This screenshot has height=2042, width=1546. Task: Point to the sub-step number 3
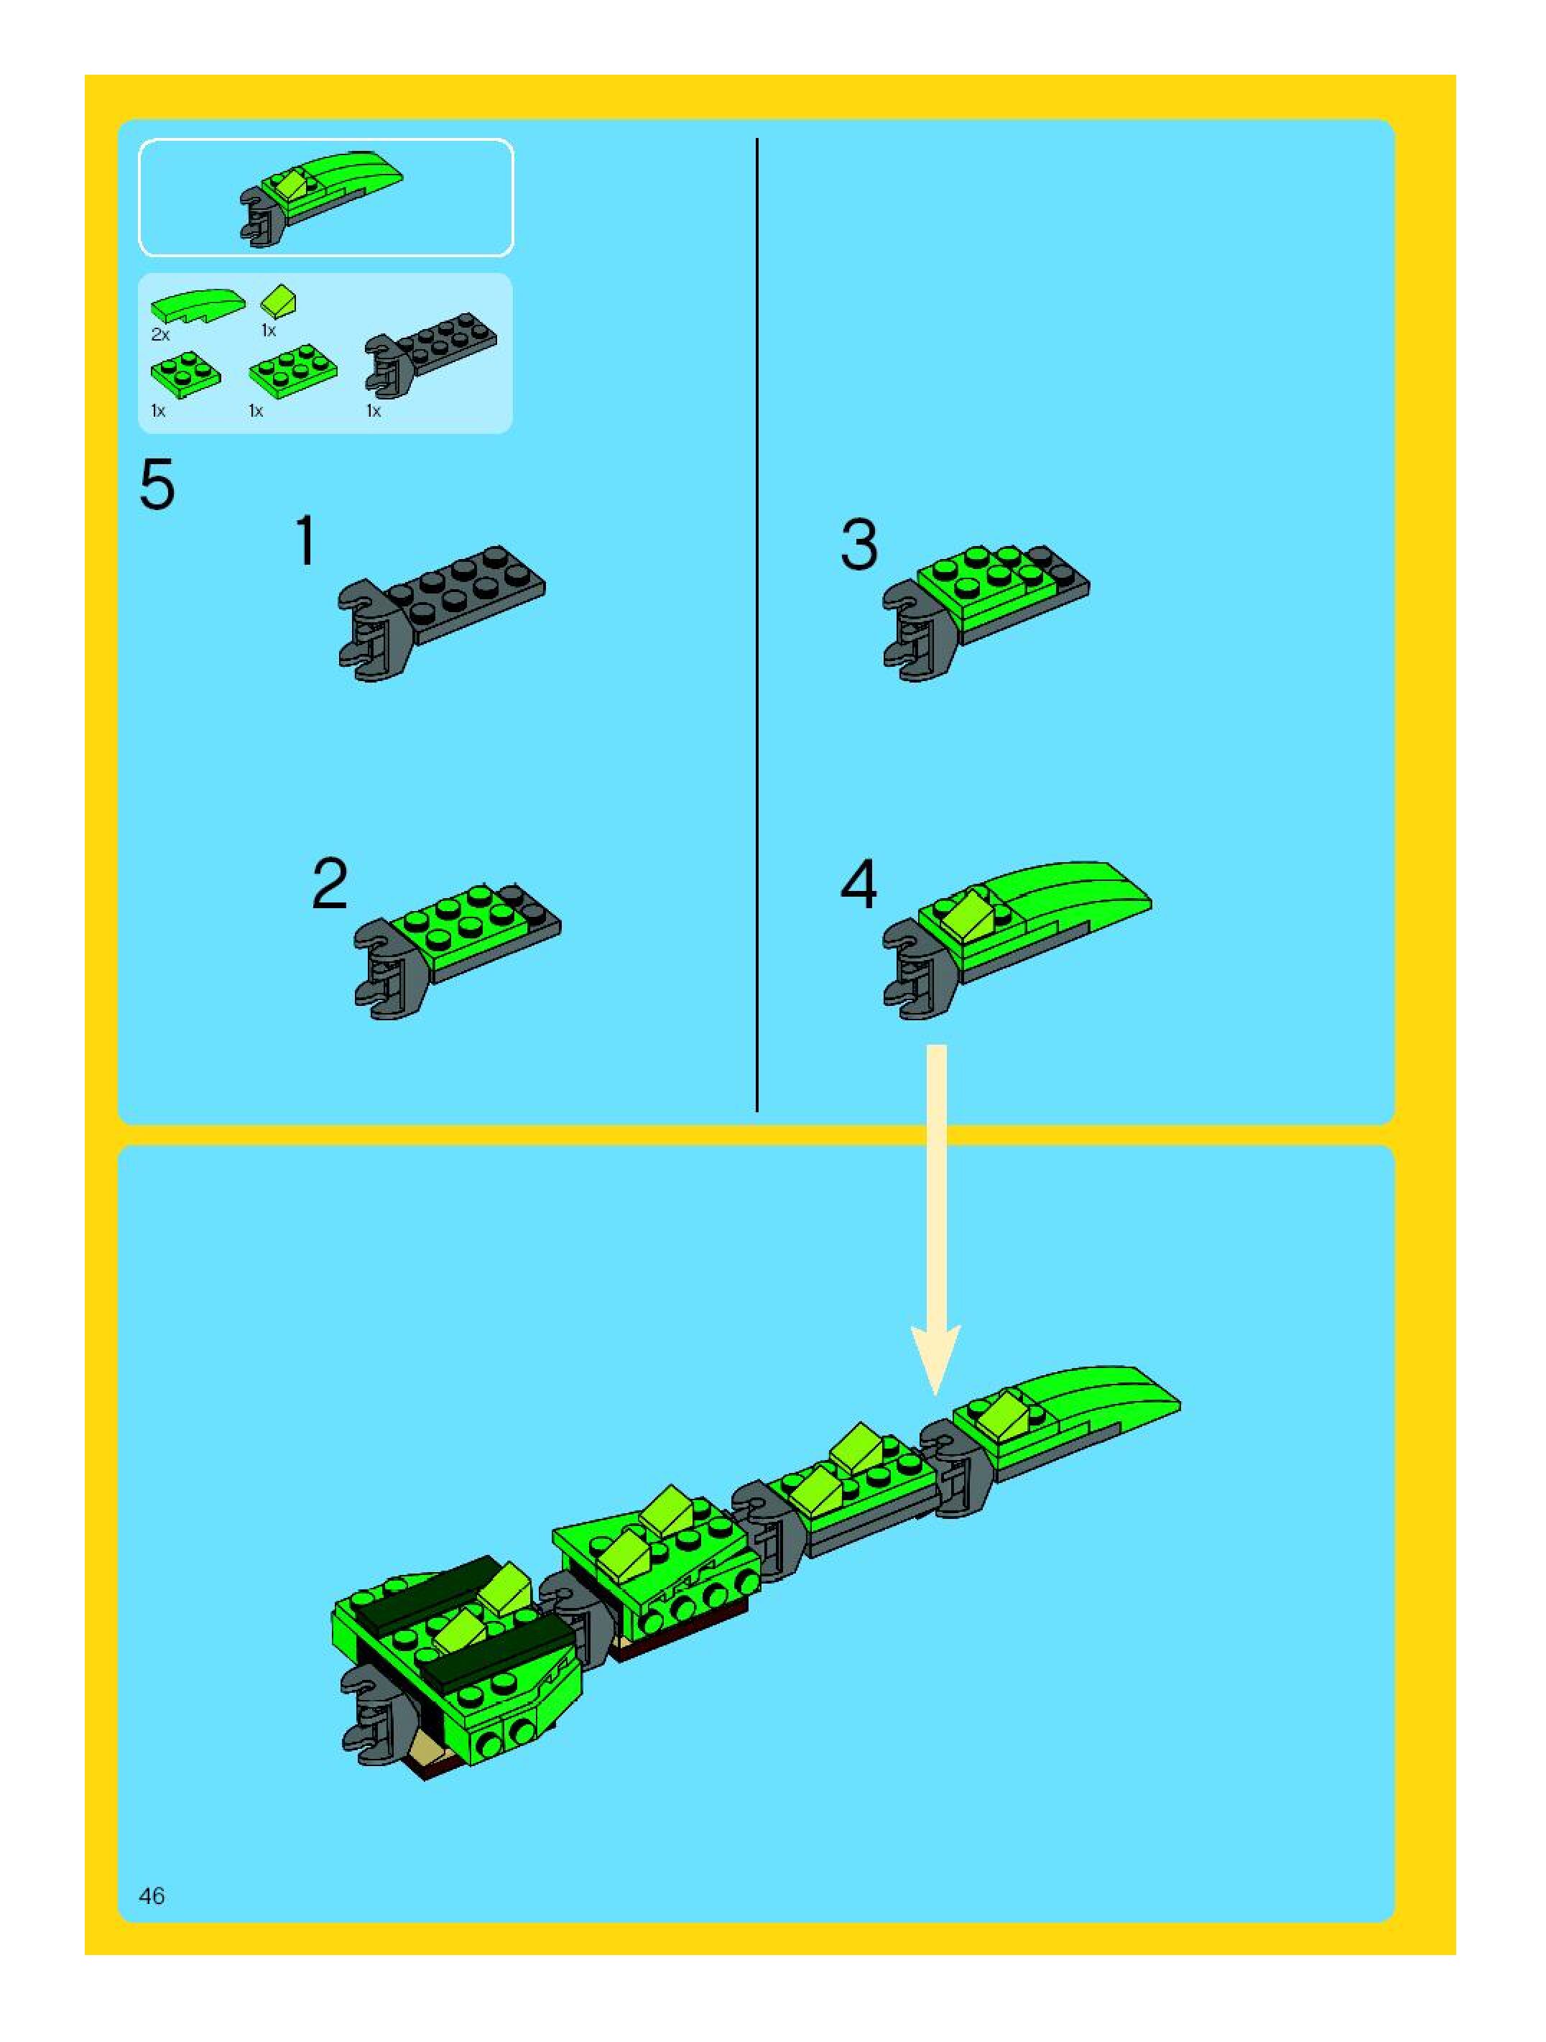859,545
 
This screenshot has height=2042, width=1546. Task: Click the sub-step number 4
858,884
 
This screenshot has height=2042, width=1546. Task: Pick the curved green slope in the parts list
198,305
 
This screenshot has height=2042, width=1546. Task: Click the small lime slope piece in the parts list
278,301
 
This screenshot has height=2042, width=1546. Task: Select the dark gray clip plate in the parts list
430,359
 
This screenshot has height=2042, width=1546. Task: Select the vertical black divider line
757,625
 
